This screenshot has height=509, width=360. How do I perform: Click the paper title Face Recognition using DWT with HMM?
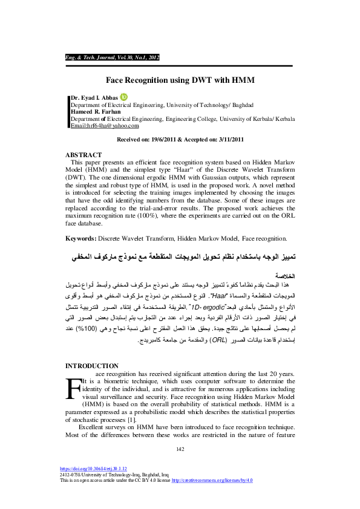tap(180, 79)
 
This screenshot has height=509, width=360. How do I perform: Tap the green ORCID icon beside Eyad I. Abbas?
tap(125, 96)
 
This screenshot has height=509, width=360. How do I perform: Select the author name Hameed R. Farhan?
tap(96, 112)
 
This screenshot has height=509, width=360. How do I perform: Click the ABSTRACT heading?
tap(83, 155)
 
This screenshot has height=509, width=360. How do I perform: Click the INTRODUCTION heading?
tap(92, 366)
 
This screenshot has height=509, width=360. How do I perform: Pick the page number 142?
tap(180, 448)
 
